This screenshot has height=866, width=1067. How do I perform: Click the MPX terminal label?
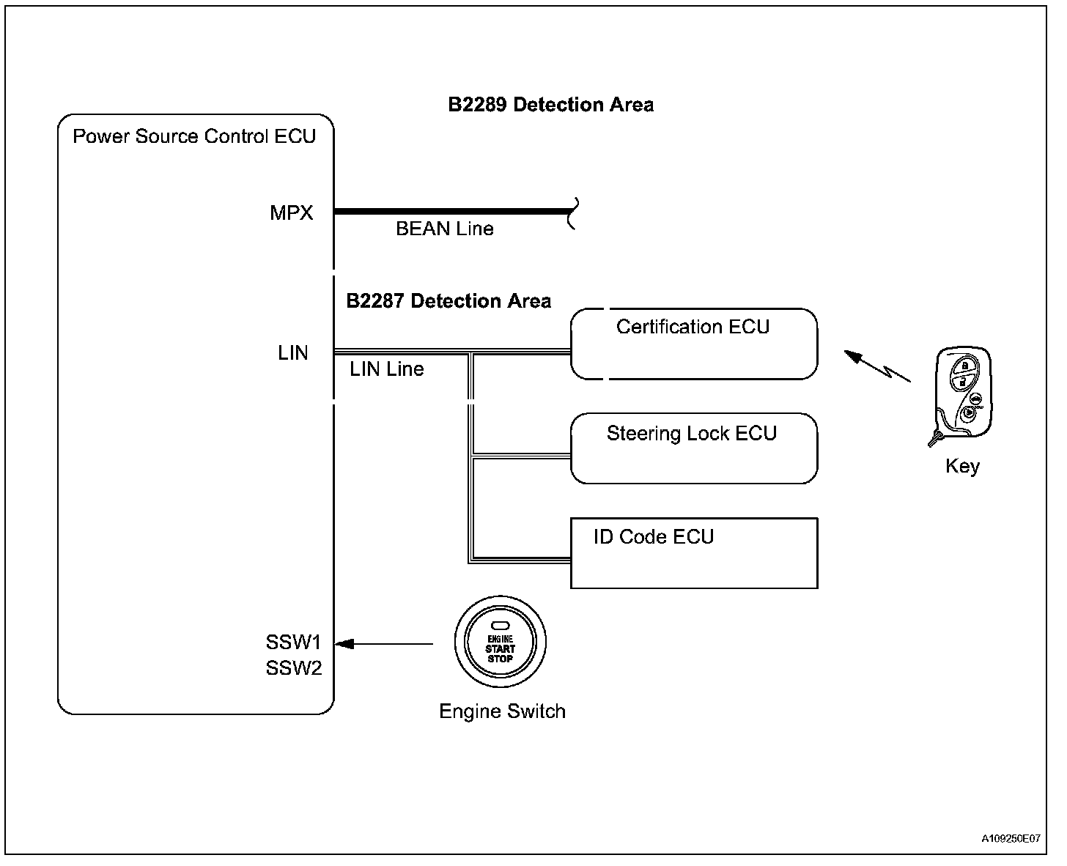[291, 213]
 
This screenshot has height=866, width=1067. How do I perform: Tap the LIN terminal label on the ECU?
[293, 353]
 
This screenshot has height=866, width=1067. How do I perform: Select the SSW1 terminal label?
[293, 642]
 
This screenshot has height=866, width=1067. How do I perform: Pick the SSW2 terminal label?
[294, 668]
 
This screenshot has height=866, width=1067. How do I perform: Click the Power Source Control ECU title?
[194, 136]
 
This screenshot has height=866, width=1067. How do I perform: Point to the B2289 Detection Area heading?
[550, 105]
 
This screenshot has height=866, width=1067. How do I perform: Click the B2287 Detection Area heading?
[448, 301]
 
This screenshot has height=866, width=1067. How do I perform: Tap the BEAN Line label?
[444, 229]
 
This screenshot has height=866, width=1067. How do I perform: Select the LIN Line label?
[387, 369]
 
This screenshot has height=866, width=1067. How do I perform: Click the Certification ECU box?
[694, 344]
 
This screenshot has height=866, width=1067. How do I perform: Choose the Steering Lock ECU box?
[694, 449]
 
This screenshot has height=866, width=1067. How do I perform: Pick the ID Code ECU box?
[694, 553]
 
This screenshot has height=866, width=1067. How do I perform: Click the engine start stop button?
[500, 642]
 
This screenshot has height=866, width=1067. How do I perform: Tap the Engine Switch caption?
[502, 711]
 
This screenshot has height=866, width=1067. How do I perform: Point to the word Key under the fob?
[962, 466]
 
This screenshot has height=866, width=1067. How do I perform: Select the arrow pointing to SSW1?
[384, 643]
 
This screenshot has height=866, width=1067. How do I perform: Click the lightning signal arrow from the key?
[877, 366]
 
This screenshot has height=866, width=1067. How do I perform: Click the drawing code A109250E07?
[1011, 838]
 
